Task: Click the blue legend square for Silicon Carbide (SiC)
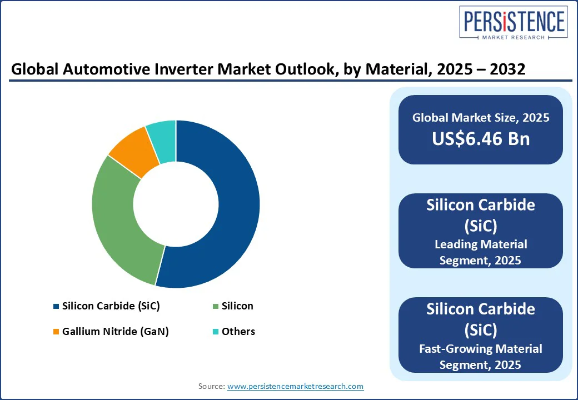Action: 56,306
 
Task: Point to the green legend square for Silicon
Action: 215,306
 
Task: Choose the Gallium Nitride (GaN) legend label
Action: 115,332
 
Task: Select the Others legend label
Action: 238,332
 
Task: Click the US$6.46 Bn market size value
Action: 481,139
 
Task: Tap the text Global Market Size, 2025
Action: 481,118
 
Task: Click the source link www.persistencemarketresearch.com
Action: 295,386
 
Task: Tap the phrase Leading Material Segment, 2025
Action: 481,252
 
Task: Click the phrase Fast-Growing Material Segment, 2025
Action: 481,356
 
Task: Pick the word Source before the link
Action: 211,386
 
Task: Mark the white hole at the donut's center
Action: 176,204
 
